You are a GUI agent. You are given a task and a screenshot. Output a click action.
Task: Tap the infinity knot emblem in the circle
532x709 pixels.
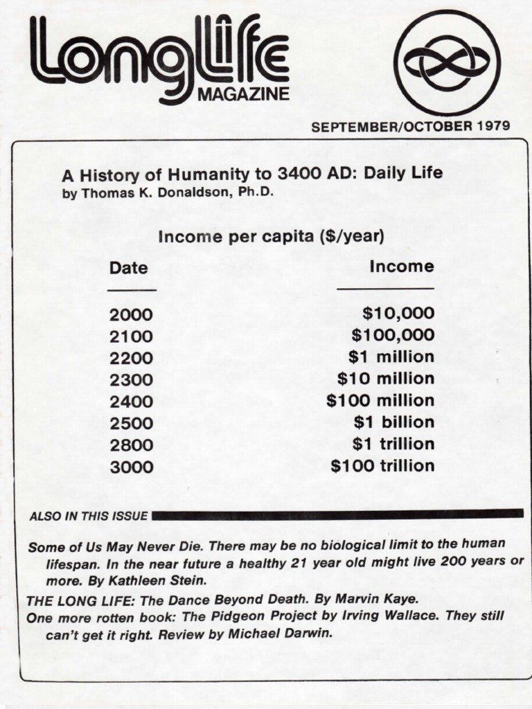(447, 62)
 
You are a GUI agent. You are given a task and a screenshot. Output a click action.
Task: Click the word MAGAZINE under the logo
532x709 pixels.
(243, 95)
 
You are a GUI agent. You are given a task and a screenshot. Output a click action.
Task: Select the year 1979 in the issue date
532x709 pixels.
(493, 126)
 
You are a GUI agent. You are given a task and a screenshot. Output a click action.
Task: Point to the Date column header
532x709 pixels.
(128, 268)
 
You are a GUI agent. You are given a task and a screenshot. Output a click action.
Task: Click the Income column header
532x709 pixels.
(402, 267)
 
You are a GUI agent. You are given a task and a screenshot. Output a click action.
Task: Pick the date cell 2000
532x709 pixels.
(130, 315)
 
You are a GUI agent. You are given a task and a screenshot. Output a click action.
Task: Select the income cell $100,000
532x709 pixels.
(393, 336)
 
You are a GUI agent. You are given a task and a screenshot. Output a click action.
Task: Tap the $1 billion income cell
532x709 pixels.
(394, 422)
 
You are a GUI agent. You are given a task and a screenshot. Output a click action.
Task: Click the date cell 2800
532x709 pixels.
(130, 445)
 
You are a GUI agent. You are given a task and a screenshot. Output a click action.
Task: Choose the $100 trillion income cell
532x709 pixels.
(382, 466)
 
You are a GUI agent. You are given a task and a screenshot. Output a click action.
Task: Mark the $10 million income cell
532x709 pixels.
(386, 379)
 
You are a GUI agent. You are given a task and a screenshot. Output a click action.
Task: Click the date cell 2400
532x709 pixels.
(130, 402)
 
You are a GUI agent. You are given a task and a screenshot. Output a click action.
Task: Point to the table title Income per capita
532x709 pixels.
(271, 236)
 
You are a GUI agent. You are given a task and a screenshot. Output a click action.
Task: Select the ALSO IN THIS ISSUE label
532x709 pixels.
(88, 516)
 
